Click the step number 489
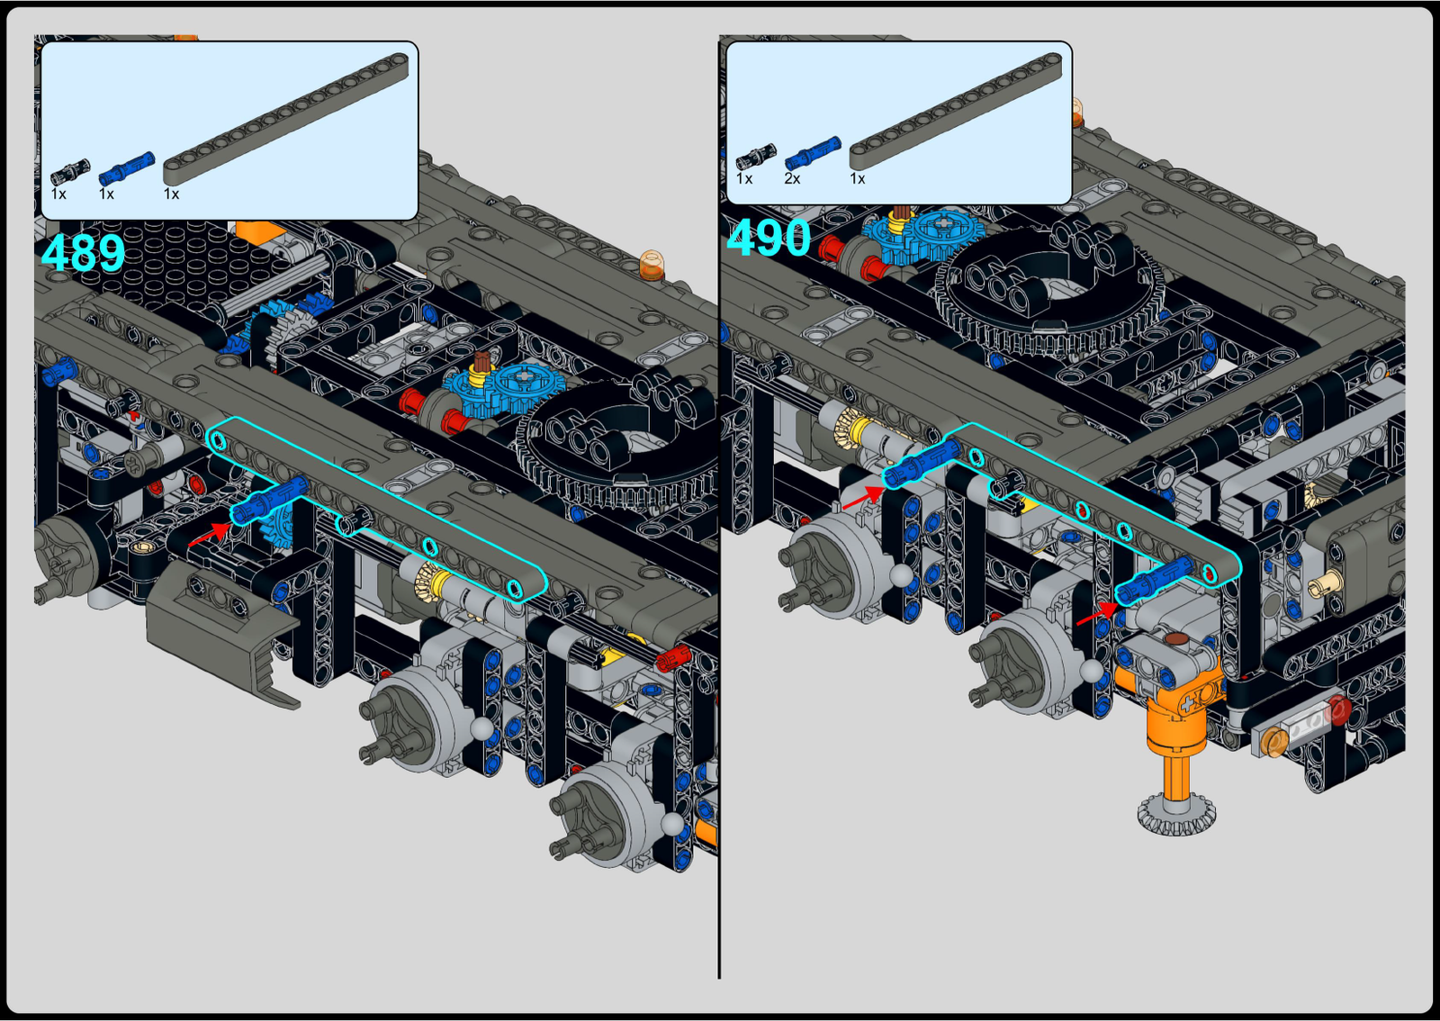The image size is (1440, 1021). (83, 253)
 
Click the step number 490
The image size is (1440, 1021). (769, 238)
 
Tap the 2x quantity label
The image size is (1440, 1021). (792, 179)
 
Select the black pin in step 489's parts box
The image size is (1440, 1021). (70, 172)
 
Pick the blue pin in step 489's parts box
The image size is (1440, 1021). (127, 168)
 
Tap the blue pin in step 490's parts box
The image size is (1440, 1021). (813, 153)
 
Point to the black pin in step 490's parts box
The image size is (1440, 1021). (755, 157)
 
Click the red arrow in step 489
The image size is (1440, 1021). (209, 535)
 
